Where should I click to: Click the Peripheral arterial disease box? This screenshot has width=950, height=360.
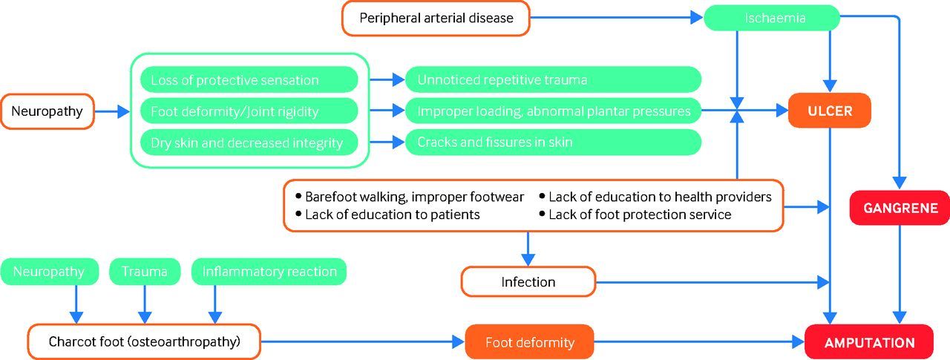coord(436,19)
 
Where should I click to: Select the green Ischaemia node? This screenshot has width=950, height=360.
coord(772,18)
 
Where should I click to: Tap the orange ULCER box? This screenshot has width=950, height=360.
coord(830,111)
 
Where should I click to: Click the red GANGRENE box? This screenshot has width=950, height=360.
coord(900,208)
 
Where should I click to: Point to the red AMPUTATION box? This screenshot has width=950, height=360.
coord(869,342)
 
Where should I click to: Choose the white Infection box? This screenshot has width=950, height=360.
coord(528,281)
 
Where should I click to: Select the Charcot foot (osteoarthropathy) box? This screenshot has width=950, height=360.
coord(144,341)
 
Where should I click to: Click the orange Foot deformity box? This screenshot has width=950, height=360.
coord(530,342)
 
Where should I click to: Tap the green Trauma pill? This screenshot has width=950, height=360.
coord(145,272)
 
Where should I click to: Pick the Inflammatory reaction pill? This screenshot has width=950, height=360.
coord(269,272)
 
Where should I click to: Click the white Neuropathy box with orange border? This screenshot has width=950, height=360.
coord(47,111)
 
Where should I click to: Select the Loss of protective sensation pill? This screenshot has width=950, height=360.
coord(249,79)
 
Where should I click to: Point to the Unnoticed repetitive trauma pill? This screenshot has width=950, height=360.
coord(553,79)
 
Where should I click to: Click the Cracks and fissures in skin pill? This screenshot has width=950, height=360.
coord(553,142)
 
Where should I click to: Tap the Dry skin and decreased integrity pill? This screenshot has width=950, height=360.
coord(249,143)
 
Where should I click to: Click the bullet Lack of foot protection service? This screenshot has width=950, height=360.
coord(635,215)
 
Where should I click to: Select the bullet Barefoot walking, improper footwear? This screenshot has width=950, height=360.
coord(410,197)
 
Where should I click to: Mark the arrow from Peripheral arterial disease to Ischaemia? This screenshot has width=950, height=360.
coord(617,18)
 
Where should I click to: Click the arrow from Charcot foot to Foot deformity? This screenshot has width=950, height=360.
coord(363,341)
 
